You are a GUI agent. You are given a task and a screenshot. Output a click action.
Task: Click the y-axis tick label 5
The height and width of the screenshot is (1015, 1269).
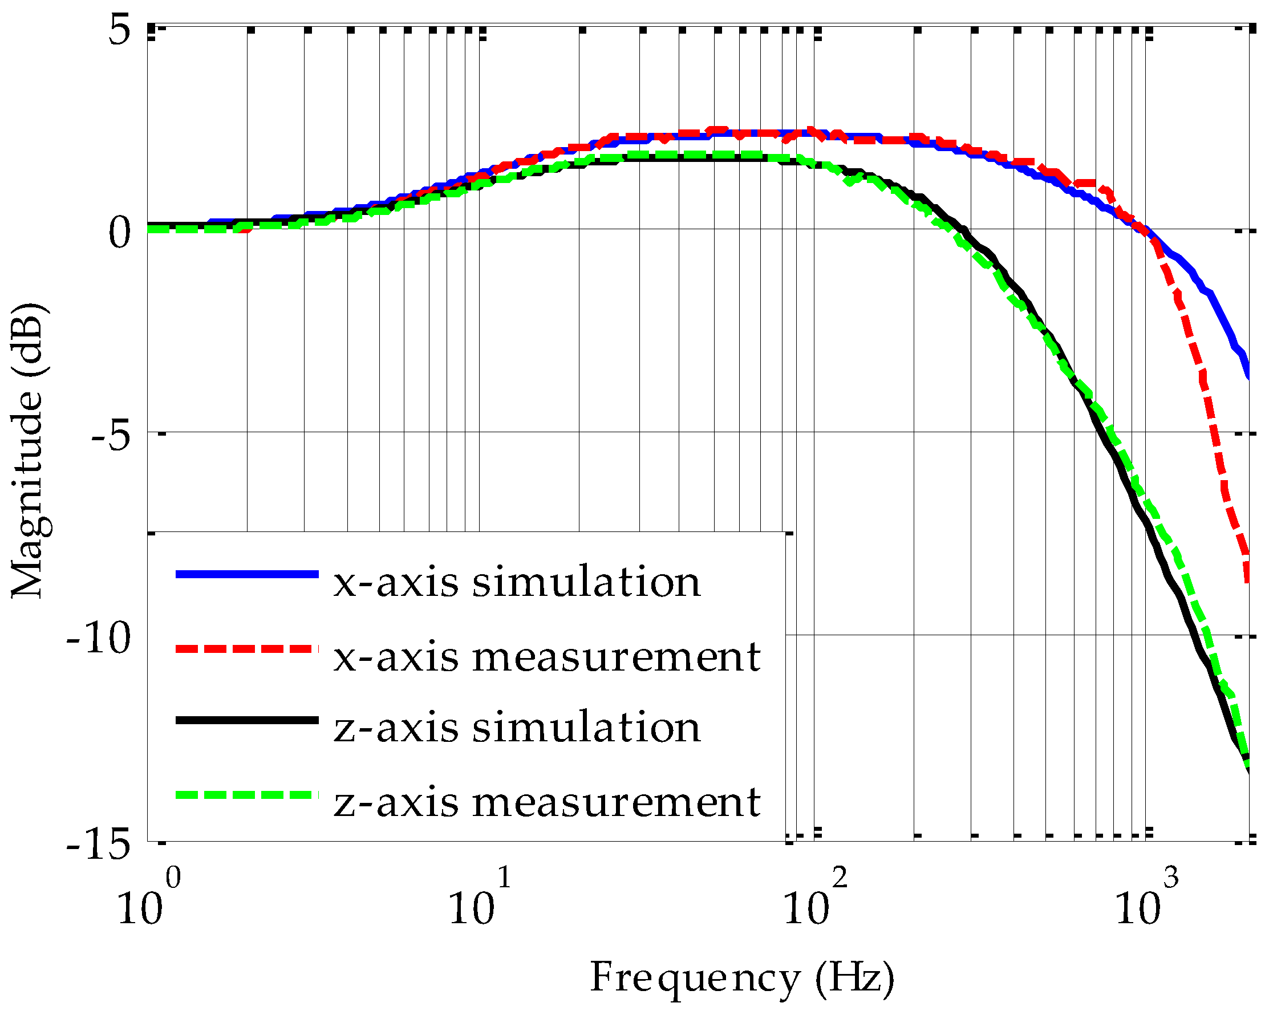(119, 31)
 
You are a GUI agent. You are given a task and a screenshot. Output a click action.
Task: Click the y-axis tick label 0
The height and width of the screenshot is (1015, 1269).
(119, 233)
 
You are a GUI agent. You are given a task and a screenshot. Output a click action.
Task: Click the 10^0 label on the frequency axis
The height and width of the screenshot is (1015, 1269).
(147, 901)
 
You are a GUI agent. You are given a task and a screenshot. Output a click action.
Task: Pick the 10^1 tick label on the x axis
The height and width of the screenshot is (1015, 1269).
(479, 901)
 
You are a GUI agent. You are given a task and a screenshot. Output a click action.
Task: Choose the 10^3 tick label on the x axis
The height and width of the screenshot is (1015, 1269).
(1145, 901)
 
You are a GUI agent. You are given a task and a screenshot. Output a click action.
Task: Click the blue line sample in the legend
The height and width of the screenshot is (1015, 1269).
(247, 574)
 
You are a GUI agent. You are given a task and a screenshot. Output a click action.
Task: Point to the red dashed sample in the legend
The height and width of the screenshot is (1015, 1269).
(247, 649)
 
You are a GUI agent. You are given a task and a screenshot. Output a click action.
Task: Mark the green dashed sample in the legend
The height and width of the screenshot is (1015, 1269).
(247, 795)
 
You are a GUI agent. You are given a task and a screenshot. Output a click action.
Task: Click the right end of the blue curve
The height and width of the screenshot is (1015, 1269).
(1248, 376)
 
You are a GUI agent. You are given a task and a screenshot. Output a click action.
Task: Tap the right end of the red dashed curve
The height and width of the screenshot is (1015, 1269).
(1248, 579)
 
